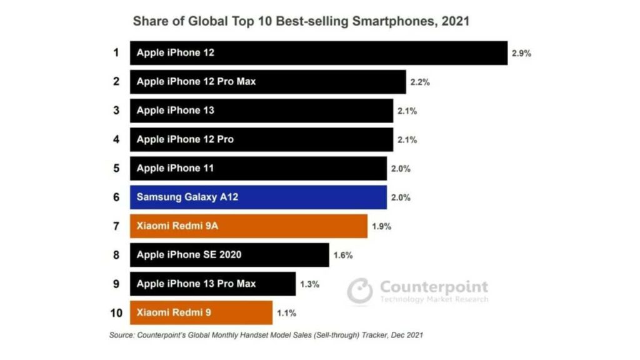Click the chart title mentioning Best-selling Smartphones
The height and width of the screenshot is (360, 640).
coord(301,21)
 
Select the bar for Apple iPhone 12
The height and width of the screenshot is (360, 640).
coord(318,52)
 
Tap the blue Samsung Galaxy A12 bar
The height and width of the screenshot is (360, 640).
coord(258,197)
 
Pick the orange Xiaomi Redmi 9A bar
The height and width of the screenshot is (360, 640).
coord(248,226)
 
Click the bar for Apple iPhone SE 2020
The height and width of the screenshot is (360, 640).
coord(229,254)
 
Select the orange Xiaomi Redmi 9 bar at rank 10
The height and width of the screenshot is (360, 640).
coord(201,312)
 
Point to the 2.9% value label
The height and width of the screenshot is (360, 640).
coord(521,53)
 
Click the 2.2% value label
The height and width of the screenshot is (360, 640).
coord(419,82)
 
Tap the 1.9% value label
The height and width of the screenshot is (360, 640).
coord(381,226)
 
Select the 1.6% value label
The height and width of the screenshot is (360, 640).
coord(343,255)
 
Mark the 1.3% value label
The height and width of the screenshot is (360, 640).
coord(309,284)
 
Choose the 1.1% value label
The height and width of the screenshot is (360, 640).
coord(286,312)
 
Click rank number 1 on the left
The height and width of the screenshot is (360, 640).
coord(116,52)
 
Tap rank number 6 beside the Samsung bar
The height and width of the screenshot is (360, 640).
coord(116,197)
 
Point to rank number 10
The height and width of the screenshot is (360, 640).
coord(116,312)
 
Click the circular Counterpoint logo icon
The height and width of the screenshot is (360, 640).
coord(360,291)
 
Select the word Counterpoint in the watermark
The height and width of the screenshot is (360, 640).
coord(434,287)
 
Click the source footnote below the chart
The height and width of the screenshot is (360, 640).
coord(266,336)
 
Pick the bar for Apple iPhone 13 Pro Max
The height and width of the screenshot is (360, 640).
coord(212,283)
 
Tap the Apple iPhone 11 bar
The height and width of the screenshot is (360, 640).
coord(258,168)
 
